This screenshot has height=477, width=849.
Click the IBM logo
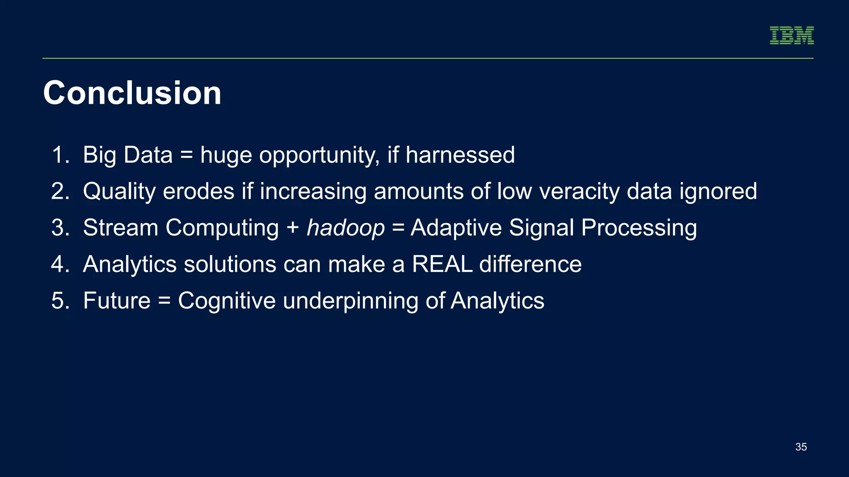(791, 36)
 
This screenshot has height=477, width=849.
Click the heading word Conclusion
(132, 93)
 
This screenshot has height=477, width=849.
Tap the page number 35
(801, 447)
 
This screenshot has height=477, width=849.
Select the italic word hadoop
(346, 228)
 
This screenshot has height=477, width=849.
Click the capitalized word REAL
(442, 264)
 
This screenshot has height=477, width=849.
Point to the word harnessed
(460, 155)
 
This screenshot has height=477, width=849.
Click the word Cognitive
(227, 301)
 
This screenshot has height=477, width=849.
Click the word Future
(116, 301)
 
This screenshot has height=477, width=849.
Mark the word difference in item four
(530, 264)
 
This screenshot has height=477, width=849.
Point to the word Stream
(121, 228)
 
